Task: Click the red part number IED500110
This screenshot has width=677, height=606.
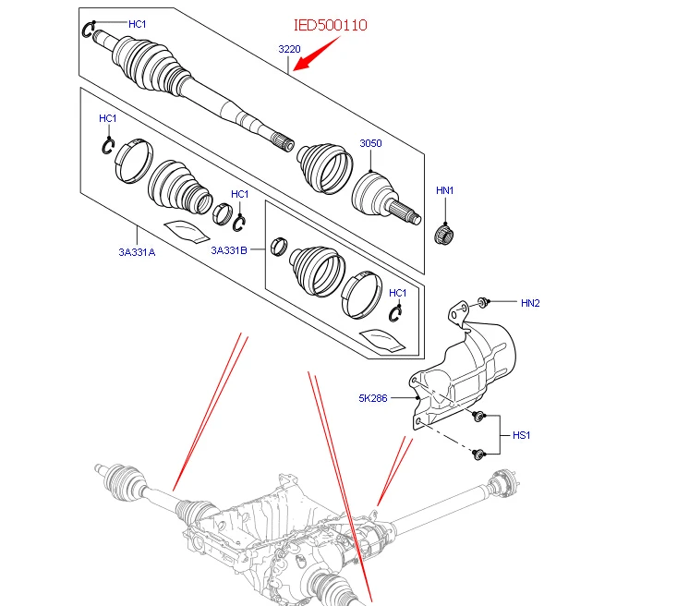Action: click(331, 25)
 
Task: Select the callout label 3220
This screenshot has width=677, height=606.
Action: click(289, 49)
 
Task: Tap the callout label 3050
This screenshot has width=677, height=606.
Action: click(370, 143)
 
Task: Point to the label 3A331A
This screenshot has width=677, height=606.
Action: click(137, 252)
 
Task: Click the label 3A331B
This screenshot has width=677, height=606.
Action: click(229, 250)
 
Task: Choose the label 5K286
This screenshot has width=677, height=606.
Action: click(373, 398)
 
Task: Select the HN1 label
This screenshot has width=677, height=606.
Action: click(444, 190)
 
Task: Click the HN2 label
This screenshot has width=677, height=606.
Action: click(530, 303)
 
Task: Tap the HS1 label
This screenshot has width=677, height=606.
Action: click(521, 435)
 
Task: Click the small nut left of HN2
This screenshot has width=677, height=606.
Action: click(482, 302)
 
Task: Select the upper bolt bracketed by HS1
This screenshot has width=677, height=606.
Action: click(478, 417)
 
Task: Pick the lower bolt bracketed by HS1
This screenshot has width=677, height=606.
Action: click(478, 454)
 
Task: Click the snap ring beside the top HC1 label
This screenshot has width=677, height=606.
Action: click(87, 30)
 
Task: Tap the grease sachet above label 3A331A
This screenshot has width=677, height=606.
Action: click(187, 231)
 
